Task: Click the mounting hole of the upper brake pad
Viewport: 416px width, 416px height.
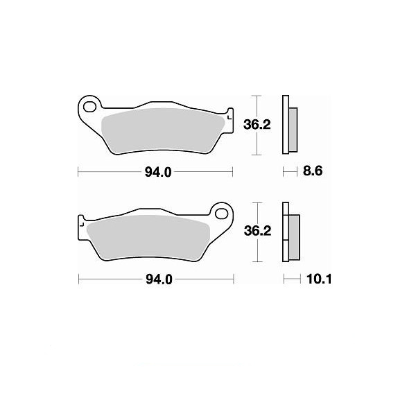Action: [89, 107]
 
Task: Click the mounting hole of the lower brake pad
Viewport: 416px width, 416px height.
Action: [222, 214]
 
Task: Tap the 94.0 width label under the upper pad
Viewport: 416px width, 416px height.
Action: [158, 173]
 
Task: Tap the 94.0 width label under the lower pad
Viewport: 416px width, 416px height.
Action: [159, 279]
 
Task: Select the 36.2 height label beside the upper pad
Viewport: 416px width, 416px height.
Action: [257, 124]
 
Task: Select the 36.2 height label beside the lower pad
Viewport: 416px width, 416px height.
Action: [258, 231]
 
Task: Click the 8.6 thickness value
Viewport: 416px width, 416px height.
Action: [313, 171]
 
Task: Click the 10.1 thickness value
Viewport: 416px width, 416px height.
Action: [319, 279]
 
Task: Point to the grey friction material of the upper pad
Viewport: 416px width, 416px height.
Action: [162, 131]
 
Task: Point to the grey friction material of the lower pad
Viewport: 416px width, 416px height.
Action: [148, 238]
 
